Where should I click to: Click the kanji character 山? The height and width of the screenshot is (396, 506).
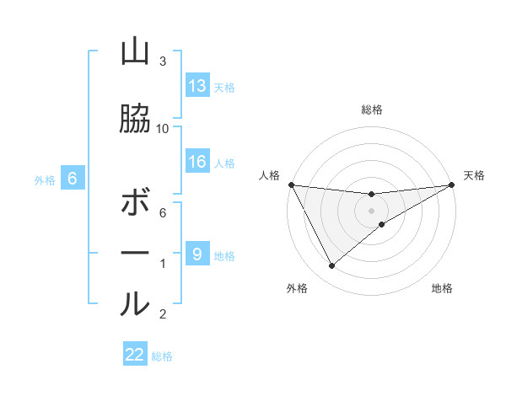click(135, 53)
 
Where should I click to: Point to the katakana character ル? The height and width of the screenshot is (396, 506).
click(135, 303)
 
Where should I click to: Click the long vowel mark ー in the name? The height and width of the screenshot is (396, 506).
click(135, 253)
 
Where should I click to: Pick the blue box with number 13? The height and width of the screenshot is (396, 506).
click(197, 85)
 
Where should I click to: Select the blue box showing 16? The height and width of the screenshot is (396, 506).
click(197, 162)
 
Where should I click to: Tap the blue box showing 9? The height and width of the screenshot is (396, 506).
click(197, 254)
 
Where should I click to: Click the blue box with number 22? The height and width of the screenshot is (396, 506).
click(135, 355)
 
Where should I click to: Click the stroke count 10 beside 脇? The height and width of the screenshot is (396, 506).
click(163, 128)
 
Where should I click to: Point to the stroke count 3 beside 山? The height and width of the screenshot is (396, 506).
click(163, 62)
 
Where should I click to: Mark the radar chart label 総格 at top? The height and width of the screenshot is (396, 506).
click(372, 110)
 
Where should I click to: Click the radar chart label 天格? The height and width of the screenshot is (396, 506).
click(474, 175)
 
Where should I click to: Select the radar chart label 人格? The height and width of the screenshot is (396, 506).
click(269, 175)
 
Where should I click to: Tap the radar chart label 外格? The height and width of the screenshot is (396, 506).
click(297, 289)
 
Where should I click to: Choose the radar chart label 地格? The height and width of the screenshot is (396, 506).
click(442, 289)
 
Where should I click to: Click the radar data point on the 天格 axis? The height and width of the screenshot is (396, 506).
click(452, 185)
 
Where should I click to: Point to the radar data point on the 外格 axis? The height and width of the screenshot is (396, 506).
click(331, 266)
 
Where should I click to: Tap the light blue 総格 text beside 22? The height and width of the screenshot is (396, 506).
click(162, 356)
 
